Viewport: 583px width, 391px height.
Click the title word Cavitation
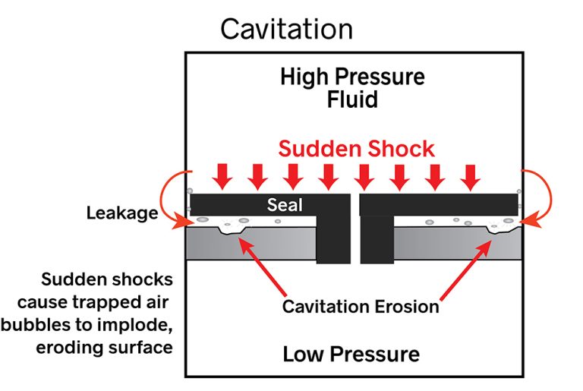(286, 30)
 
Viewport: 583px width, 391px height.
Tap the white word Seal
(285, 205)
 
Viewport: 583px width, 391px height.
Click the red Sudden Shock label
(356, 148)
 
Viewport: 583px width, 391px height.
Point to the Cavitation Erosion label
(360, 307)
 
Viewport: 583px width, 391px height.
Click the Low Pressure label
(351, 354)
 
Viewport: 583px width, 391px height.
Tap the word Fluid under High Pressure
(351, 100)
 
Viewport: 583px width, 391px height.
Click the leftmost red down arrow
(222, 176)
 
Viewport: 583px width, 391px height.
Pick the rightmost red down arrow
(471, 176)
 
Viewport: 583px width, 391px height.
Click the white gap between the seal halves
(355, 228)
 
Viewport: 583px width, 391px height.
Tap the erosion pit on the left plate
(228, 229)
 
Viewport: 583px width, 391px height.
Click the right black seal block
(438, 204)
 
